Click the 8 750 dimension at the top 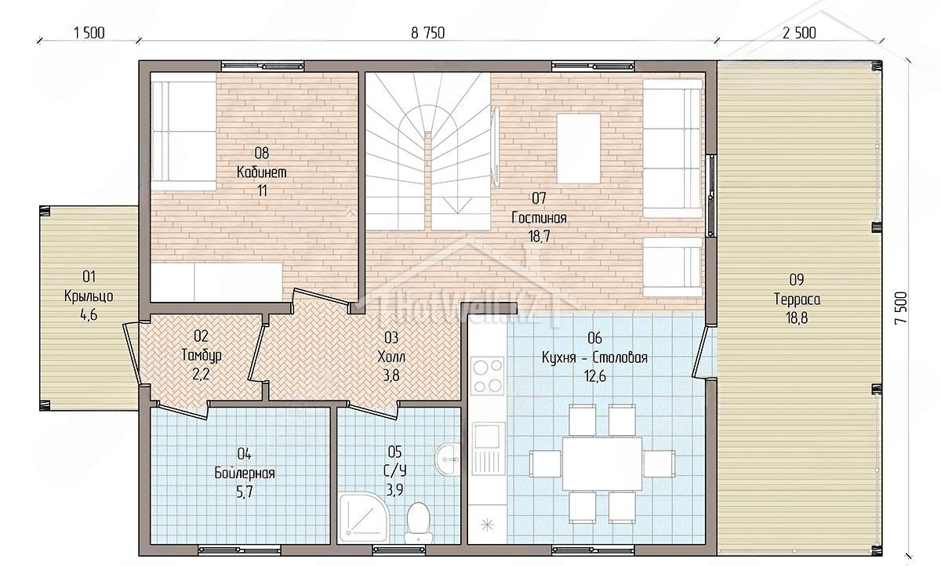[x=427, y=33]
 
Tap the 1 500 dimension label [x=89, y=33]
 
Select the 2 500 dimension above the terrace [x=799, y=33]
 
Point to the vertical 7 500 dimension [x=901, y=308]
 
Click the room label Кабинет [x=261, y=172]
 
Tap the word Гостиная [x=539, y=217]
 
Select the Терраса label [x=797, y=299]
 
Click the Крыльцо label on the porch [x=89, y=296]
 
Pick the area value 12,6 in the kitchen [x=594, y=376]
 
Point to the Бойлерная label [x=245, y=473]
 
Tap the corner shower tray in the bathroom [x=363, y=517]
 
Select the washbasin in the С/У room [x=449, y=459]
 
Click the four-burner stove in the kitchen [x=487, y=376]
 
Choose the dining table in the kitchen [x=602, y=463]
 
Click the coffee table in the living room [x=579, y=149]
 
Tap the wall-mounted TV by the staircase [x=496, y=146]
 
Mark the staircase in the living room [x=427, y=151]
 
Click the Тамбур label [x=202, y=355]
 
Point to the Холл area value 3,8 [x=391, y=376]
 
